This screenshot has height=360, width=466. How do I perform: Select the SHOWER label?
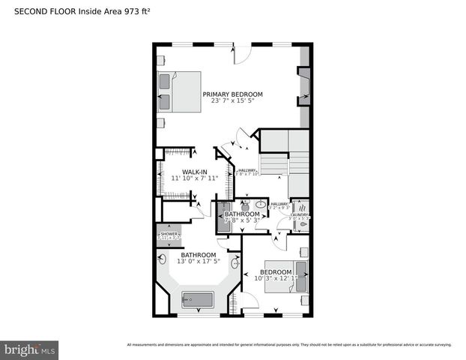[167, 234]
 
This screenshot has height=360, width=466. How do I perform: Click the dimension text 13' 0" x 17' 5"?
[198, 261]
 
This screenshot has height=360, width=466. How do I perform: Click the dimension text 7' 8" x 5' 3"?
[242, 220]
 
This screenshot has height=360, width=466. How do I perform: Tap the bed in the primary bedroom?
[180, 91]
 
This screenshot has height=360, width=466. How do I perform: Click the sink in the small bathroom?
[261, 204]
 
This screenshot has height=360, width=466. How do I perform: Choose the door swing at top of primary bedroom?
[241, 54]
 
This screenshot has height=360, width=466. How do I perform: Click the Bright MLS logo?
[29, 349]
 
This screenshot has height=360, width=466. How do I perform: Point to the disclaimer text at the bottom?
[289, 345]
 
